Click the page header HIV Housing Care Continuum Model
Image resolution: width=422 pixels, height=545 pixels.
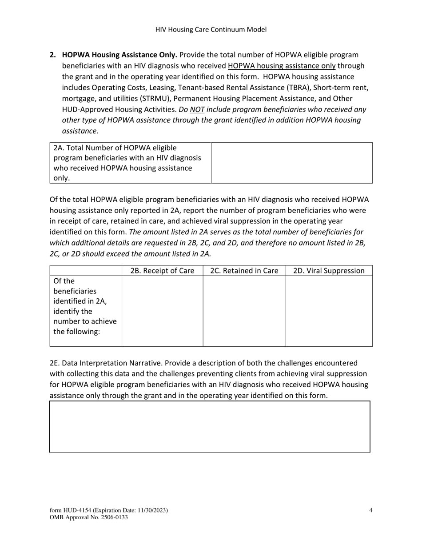click(211, 30)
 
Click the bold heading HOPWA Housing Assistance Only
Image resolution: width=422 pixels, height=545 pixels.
click(119, 55)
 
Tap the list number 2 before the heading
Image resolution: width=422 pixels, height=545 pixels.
click(52, 55)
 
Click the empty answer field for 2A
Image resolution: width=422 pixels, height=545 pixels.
click(291, 163)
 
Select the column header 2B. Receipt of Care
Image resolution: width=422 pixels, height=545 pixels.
click(163, 271)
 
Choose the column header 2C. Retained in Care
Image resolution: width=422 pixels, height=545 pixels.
click(244, 271)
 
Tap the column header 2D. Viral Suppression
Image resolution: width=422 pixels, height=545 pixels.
click(329, 271)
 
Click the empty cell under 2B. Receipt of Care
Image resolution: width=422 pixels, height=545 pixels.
click(163, 311)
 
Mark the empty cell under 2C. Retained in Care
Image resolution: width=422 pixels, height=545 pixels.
click(244, 311)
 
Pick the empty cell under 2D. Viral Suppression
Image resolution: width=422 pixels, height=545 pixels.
click(329, 311)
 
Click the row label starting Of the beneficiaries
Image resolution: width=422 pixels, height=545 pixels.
click(80, 306)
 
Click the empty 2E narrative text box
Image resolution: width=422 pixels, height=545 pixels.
click(210, 427)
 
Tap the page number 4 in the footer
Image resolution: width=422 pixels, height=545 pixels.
click(370, 510)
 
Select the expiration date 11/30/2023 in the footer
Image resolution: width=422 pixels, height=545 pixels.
click(151, 511)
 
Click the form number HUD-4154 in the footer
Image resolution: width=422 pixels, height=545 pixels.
click(77, 511)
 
